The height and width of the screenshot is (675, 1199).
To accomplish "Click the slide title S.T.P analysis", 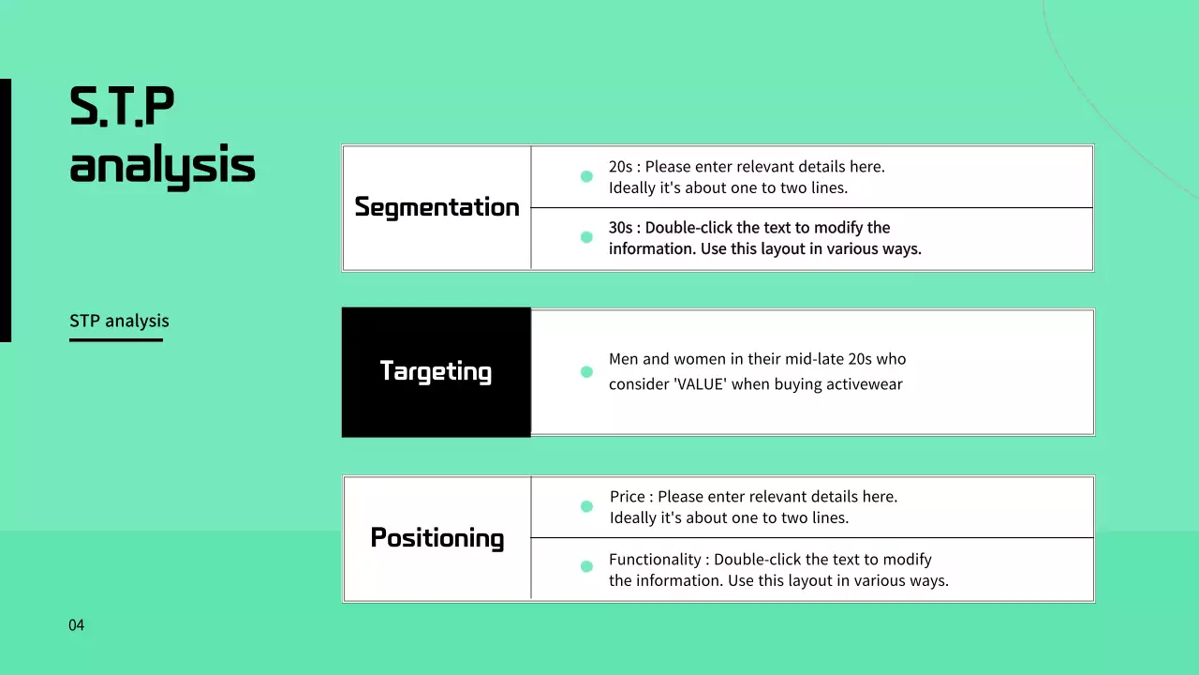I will (162, 136).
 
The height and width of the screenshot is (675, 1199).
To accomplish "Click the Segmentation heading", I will (437, 207).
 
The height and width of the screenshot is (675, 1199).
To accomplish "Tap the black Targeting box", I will (436, 371).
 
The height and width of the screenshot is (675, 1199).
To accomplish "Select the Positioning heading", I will (437, 538).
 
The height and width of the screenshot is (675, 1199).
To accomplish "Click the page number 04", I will (76, 625).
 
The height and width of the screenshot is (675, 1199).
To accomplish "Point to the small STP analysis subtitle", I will (119, 321).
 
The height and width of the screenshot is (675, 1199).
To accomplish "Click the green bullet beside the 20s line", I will (586, 176).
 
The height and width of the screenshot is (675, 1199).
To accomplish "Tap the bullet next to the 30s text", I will (586, 237).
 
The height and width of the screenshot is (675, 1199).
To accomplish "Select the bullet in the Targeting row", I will (586, 372).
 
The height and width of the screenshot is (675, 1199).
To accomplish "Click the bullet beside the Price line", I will (586, 506).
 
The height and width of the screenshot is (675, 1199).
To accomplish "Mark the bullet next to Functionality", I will (586, 566).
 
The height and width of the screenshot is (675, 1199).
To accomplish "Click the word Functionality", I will (655, 560).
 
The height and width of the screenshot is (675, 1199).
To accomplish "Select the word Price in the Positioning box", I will (628, 497).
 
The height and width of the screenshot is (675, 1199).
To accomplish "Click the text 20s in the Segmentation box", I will (620, 167).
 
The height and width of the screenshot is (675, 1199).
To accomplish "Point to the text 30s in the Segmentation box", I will (620, 228).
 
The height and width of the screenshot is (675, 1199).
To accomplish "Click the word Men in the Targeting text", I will (624, 359).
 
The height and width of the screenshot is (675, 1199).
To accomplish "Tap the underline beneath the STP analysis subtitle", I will (116, 339).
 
